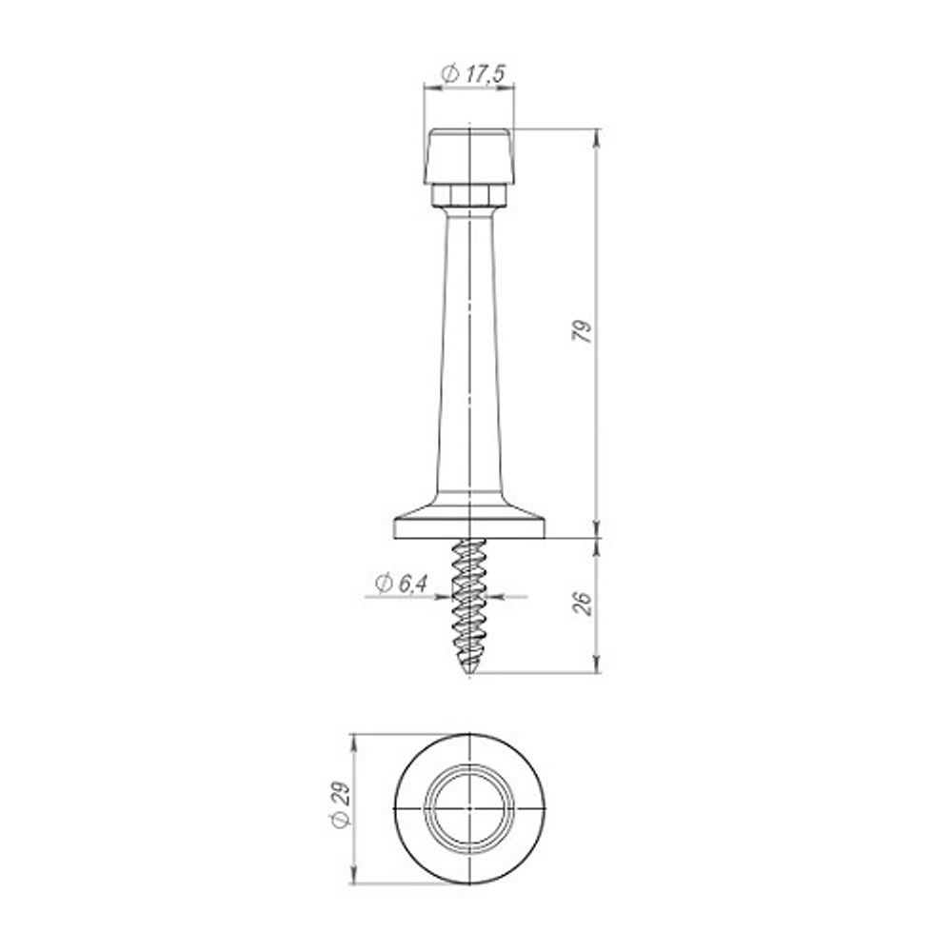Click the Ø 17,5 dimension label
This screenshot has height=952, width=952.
coord(473,74)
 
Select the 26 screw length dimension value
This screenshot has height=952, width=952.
coord(583,604)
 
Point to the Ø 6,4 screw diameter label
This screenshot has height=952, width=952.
coord(402,584)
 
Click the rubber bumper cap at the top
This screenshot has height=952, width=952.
coord(468,156)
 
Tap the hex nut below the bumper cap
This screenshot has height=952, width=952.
coord(468,195)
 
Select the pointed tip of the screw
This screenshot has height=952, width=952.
coord(469,673)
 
